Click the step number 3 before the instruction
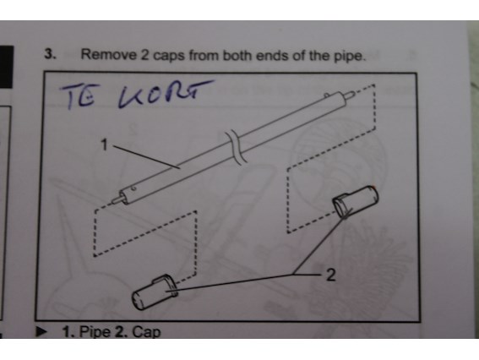50,54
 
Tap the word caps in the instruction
169,57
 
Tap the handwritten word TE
77,96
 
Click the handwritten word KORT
166,93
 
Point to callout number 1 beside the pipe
104,145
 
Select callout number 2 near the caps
331,275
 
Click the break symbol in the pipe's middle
236,147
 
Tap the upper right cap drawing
356,201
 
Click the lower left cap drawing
155,292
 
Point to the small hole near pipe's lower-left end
133,189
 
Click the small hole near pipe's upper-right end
327,95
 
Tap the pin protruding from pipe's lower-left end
117,200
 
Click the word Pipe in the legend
95,332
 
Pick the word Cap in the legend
146,332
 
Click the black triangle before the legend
41,332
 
